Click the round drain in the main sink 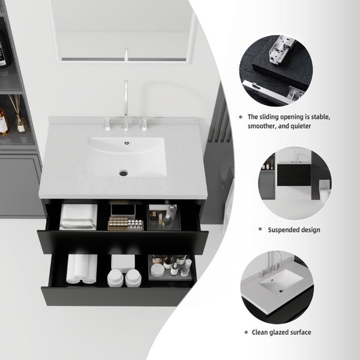tap(124, 173)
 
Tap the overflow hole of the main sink tap(127, 143)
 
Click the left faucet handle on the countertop tap(107, 124)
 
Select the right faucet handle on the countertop tap(144, 124)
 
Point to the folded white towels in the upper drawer tap(79, 217)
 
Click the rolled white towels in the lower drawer tap(82, 269)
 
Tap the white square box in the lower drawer tap(123, 263)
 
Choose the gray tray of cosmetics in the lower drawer tap(170, 268)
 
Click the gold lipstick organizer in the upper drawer tap(125, 224)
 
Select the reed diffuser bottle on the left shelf tap(20, 122)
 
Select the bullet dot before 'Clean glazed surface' tap(246, 332)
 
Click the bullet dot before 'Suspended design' tap(260, 229)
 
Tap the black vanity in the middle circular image tap(294, 175)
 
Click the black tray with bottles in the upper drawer tap(164, 217)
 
